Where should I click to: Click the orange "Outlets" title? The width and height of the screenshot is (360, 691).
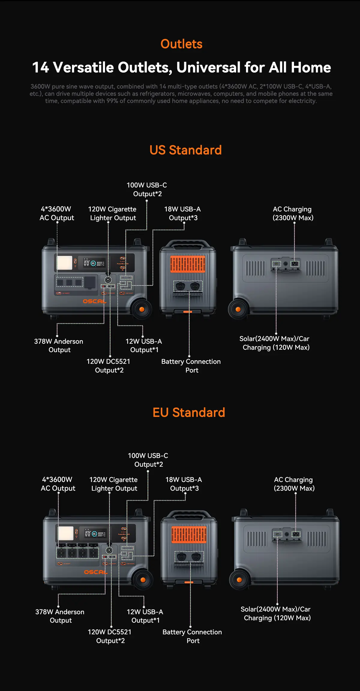[181, 44]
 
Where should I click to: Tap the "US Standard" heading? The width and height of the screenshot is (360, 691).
[185, 150]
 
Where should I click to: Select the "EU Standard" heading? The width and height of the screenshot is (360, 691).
[189, 412]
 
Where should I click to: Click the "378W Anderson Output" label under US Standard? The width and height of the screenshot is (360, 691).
[59, 345]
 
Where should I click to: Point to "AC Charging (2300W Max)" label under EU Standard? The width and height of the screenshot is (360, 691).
[294, 484]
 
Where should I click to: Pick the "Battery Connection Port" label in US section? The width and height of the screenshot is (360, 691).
[191, 366]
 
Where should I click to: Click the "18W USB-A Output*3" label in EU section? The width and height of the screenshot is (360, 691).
[184, 484]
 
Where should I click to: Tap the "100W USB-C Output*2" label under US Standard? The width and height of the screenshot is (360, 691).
[147, 189]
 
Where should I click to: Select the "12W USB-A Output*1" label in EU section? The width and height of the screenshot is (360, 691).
[145, 616]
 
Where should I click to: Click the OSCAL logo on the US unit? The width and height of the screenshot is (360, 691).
[94, 301]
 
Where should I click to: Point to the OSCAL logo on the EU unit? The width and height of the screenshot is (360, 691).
[96, 572]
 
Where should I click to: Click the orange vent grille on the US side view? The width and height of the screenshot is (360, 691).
[188, 264]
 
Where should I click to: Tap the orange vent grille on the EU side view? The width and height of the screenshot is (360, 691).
[189, 534]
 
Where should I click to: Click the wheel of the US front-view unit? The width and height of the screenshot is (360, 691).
[142, 309]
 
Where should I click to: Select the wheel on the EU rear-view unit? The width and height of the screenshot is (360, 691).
[239, 580]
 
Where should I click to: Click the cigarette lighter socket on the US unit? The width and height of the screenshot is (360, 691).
[108, 280]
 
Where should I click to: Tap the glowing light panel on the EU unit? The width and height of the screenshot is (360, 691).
[66, 533]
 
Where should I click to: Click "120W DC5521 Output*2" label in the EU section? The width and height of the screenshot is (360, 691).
[110, 636]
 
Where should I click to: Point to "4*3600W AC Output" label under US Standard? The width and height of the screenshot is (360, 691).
[57, 213]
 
